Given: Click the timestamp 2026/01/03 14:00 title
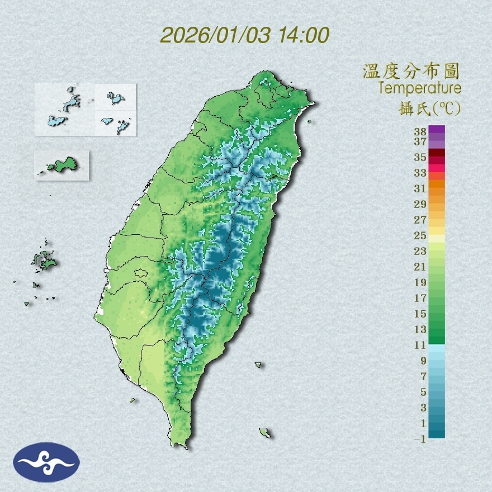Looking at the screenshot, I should point(244,35).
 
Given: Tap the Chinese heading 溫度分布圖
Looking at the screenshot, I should point(411,71).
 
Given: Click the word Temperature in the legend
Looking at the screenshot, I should point(419,88).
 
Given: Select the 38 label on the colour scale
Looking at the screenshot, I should point(420,132).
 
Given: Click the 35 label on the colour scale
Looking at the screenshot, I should point(420,157).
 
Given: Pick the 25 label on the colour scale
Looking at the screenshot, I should point(420,235).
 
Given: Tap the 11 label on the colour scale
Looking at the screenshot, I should point(420,345).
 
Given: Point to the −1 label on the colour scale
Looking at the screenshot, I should point(420,439).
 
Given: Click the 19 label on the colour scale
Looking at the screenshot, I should point(420,282).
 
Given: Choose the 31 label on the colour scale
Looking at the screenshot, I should point(420,188).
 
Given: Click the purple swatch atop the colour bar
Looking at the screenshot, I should point(437,129).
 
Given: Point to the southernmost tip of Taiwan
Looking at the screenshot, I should point(180,446).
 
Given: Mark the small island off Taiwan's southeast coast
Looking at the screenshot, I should point(264,432).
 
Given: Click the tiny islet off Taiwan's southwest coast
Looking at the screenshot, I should point(133,400).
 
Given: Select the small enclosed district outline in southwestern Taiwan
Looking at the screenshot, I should point(141,273).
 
